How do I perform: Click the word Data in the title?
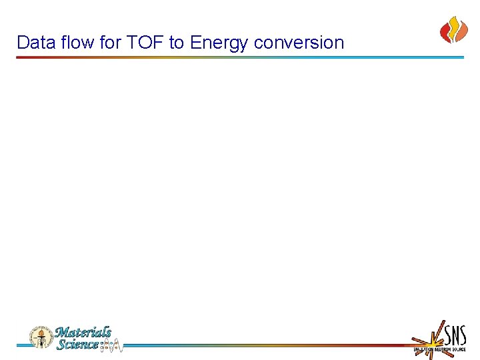[x=33, y=43]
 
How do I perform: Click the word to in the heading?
[x=176, y=43]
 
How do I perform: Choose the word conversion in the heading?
[x=299, y=43]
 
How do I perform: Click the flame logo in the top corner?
[x=453, y=30]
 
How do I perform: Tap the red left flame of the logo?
[x=445, y=31]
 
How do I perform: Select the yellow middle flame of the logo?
[x=453, y=28]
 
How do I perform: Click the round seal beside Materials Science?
[x=41, y=338]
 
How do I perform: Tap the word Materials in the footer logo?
[x=83, y=332]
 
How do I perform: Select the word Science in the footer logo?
[x=77, y=344]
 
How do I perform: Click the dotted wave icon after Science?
[x=111, y=345]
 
